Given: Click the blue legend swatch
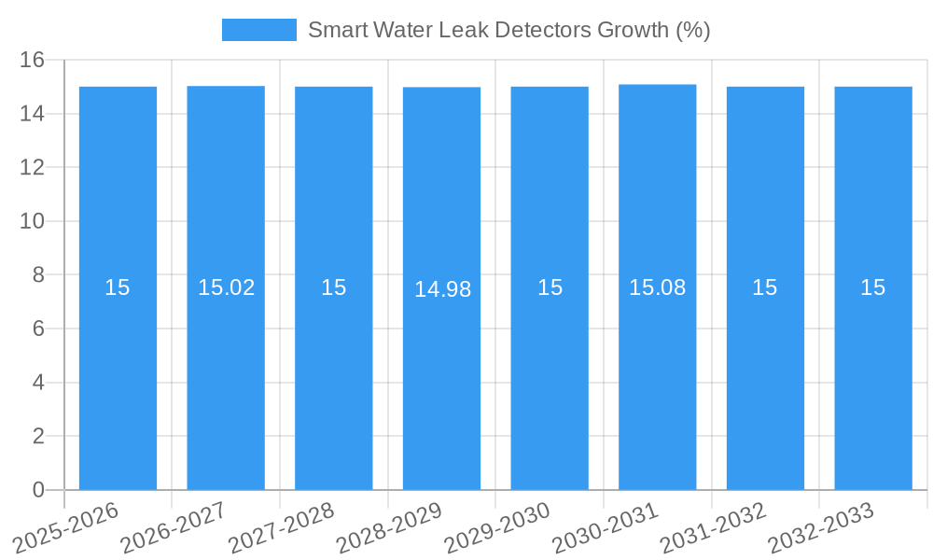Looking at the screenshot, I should click(x=258, y=30).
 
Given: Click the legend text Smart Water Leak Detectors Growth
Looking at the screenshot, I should click(x=508, y=30).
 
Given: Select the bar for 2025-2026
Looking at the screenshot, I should click(x=118, y=373).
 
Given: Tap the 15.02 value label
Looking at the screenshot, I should click(x=226, y=287).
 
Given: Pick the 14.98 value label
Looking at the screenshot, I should click(x=442, y=289).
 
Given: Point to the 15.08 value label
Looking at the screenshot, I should click(x=657, y=287).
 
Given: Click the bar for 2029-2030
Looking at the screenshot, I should click(x=550, y=373).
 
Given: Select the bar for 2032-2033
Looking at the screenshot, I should click(x=873, y=373).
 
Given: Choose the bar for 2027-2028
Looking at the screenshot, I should click(x=334, y=373).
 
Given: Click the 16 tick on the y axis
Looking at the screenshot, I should click(x=33, y=61).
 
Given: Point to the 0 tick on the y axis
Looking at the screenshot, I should click(x=38, y=490).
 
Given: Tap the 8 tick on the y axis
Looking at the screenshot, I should click(x=38, y=275).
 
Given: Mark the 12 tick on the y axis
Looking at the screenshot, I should click(x=33, y=168).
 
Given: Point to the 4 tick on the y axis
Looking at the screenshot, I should click(x=38, y=383).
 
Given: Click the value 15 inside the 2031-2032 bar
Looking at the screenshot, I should click(x=765, y=287).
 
